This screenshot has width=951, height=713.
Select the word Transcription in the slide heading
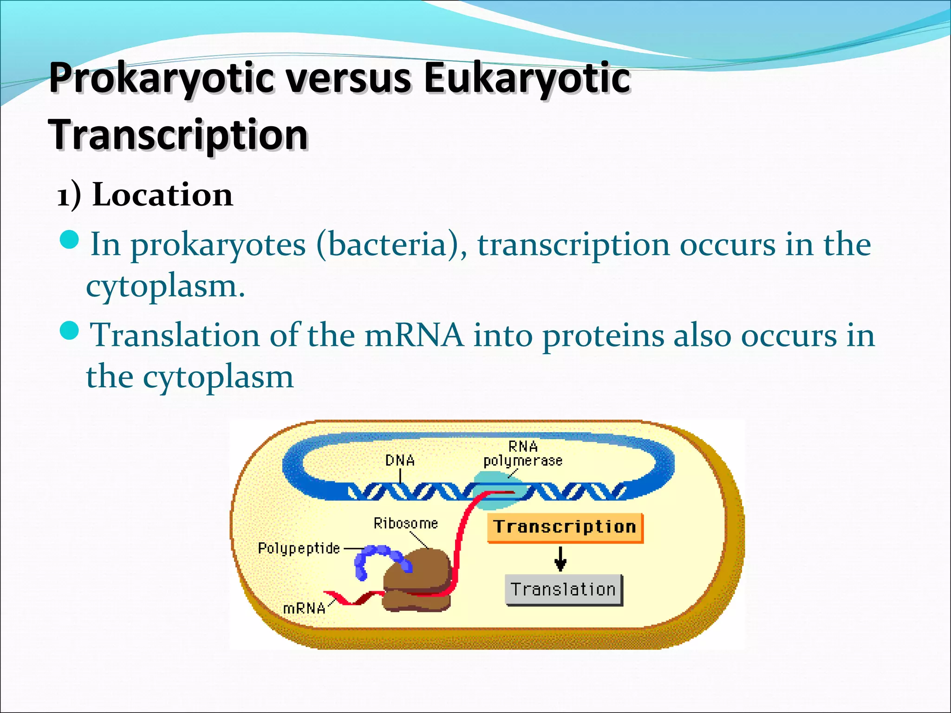(x=178, y=135)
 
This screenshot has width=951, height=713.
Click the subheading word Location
(x=163, y=195)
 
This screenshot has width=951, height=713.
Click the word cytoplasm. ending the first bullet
(x=165, y=286)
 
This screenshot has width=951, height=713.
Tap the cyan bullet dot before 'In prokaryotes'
(x=70, y=240)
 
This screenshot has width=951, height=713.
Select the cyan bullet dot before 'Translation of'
(x=70, y=331)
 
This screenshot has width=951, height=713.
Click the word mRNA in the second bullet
(x=414, y=335)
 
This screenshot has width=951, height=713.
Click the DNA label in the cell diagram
(x=400, y=460)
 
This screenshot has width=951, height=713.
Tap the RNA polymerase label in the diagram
(x=523, y=454)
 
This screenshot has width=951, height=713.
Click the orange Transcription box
(x=565, y=527)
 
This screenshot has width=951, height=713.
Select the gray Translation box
(x=563, y=590)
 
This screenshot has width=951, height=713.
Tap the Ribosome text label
(x=405, y=524)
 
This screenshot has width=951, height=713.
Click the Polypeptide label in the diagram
(x=299, y=548)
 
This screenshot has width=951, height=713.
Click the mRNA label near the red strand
(x=304, y=608)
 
